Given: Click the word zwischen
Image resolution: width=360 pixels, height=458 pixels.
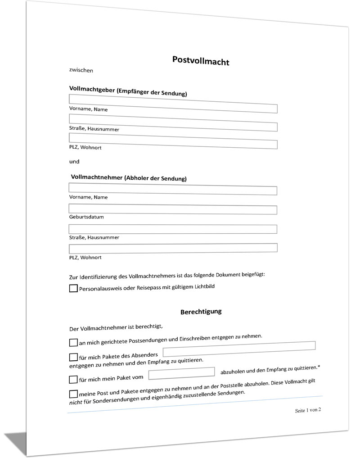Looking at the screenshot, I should coord(81,70).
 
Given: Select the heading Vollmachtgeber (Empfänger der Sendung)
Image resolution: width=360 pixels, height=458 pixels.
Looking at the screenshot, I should coord(128,91).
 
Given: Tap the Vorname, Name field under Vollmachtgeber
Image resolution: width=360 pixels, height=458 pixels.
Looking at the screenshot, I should coord(173,104).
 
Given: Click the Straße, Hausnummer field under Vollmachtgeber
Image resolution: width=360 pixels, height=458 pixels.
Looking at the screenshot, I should coord(173,122).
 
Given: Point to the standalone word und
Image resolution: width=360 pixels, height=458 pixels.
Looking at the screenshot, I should coord(74,161).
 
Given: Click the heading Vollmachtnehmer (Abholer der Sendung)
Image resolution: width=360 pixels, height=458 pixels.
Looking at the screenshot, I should coord(129,177).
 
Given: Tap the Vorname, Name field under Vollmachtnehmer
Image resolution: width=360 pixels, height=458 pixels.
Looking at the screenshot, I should coord(173,189).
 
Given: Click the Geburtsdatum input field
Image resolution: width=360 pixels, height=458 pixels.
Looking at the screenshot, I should coord(173,209).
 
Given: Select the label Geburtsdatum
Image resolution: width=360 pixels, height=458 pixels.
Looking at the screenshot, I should coord(86,217).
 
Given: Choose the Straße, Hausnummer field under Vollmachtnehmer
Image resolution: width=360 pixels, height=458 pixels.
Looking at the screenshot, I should coord(173,229).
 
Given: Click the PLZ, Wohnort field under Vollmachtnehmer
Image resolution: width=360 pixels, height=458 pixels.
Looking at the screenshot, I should coord(173,248).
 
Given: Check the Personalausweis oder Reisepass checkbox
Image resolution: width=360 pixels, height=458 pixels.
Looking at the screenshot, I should coord(73,288).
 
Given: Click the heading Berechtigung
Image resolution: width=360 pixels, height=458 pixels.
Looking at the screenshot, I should coord(201,311).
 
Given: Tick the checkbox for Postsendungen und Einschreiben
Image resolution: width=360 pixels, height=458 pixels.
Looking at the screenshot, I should coord(73,343).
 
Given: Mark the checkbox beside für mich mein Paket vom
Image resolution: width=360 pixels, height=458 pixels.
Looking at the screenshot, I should coord(73,379).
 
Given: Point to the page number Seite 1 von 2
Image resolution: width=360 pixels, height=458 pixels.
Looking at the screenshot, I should coord(308,410).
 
